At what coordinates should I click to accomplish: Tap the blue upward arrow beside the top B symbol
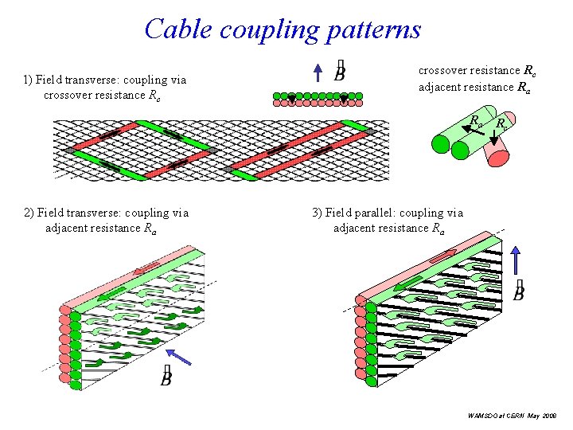pyautogui.click(x=317, y=72)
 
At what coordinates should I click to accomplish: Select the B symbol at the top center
pyautogui.click(x=339, y=72)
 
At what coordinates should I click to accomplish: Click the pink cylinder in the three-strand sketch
pyautogui.click(x=498, y=150)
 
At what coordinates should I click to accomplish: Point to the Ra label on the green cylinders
pyautogui.click(x=475, y=122)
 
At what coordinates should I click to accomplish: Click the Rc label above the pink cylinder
pyautogui.click(x=502, y=123)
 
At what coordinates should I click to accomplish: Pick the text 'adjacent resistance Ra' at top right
pyautogui.click(x=474, y=87)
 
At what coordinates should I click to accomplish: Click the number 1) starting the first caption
pyautogui.click(x=29, y=80)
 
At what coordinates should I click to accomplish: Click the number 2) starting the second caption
pyautogui.click(x=30, y=213)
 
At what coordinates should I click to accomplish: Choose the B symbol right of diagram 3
pyautogui.click(x=519, y=292)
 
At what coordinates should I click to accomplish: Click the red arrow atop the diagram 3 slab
pyautogui.click(x=443, y=254)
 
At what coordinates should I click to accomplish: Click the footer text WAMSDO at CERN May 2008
pyautogui.click(x=513, y=416)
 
